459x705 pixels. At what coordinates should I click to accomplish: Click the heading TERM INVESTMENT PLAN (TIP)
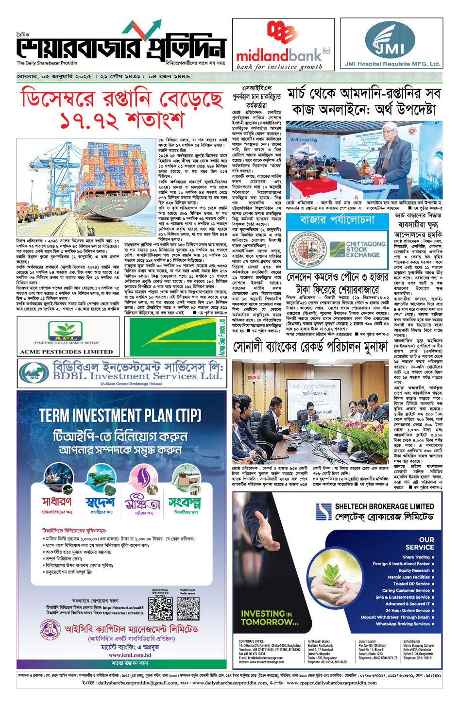[120, 416]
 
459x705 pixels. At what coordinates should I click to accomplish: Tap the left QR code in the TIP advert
[160, 609]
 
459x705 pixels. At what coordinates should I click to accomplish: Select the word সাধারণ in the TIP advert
[57, 502]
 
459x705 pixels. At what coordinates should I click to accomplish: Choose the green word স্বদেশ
[100, 502]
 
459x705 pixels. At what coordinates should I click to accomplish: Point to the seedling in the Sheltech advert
[333, 573]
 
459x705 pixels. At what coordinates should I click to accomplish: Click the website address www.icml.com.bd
[129, 655]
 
